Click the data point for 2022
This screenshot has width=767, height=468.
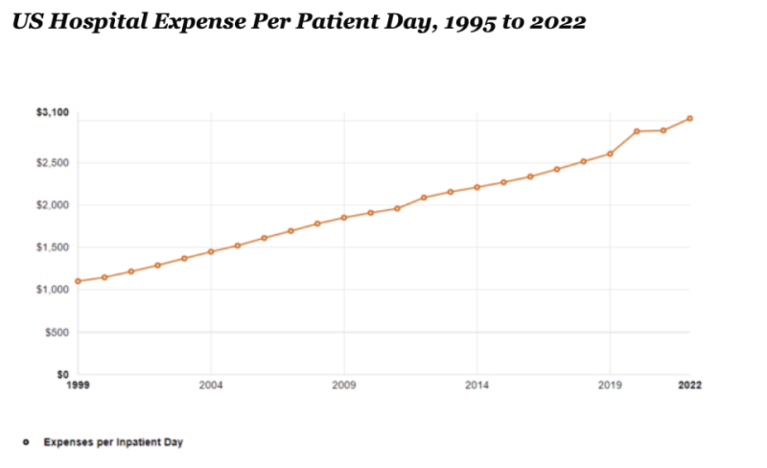(689, 119)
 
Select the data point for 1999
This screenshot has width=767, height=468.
(78, 281)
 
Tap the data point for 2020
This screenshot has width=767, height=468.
(637, 130)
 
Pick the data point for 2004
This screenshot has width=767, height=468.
(211, 251)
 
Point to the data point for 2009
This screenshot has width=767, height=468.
(344, 218)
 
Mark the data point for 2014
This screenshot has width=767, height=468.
(477, 187)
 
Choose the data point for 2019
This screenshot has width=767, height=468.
(610, 153)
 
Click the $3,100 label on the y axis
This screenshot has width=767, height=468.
(54, 113)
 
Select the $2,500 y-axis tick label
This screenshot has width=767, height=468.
(54, 163)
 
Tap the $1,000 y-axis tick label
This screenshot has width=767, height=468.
(54, 290)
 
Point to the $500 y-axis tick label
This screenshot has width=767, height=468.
(58, 332)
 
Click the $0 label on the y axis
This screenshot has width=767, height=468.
(63, 374)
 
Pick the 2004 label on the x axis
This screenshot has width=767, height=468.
(211, 386)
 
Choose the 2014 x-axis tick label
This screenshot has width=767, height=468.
(477, 386)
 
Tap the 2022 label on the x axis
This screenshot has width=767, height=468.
(689, 386)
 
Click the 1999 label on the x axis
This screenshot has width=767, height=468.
(78, 386)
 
